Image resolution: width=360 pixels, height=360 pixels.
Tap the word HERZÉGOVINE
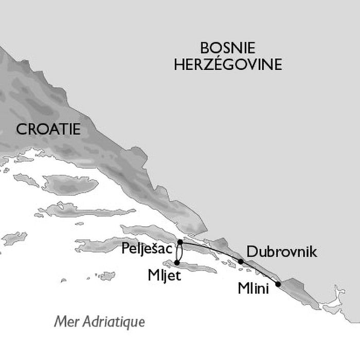(x=242, y=65)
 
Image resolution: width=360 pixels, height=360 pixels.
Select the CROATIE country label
(x=48, y=130)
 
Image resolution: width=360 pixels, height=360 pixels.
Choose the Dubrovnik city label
(x=281, y=251)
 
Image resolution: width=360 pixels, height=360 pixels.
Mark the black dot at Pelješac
(x=179, y=242)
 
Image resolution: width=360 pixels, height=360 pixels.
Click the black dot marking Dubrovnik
(x=240, y=262)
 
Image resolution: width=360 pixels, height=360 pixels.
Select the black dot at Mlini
(x=278, y=284)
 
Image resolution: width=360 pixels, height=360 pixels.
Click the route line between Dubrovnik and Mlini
(x=260, y=272)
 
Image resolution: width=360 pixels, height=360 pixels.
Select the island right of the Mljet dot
(x=201, y=267)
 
